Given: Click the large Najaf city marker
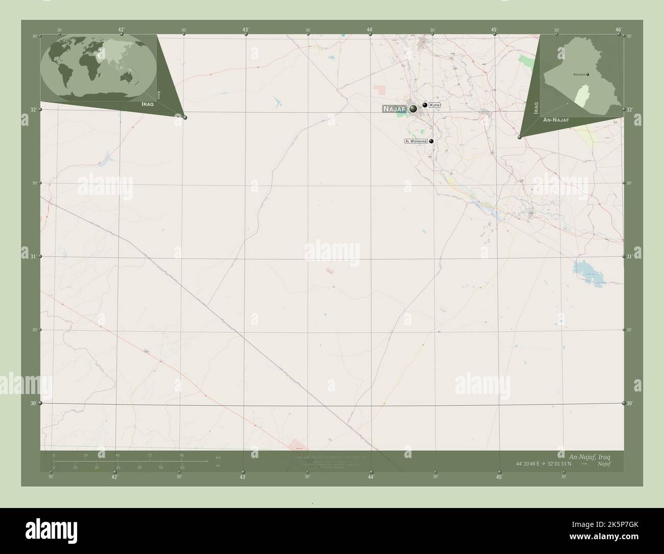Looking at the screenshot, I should [413, 108].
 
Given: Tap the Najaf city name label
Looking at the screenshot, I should [393, 109].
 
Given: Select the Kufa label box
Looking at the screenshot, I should [434, 105].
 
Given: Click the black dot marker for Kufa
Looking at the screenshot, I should [425, 105].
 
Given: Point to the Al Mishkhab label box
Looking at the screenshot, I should [416, 141].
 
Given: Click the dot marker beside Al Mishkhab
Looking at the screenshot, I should [432, 142].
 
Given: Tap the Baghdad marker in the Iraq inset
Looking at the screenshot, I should [588, 75].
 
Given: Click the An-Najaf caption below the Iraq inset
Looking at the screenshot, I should [556, 120].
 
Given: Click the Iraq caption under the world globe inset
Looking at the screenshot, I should [147, 103].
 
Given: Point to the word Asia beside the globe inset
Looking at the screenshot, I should [159, 94].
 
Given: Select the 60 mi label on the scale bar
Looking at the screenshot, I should [182, 467].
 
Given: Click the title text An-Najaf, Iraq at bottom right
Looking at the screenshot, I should [589, 455].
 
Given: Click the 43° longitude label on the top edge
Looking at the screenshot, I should [246, 30].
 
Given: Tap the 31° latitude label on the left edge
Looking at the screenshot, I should [34, 257].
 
